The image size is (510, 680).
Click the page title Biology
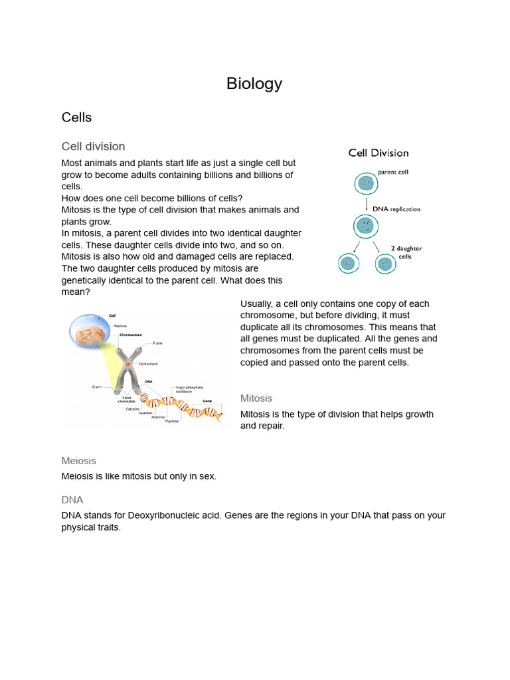click(254, 84)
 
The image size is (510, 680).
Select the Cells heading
click(76, 118)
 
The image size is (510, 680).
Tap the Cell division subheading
click(93, 146)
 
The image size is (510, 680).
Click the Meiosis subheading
click(78, 460)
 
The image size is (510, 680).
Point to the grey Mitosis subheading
click(256, 398)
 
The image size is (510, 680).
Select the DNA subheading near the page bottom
click(72, 499)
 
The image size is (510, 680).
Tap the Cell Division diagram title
click(379, 153)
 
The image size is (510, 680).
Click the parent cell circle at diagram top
click(365, 183)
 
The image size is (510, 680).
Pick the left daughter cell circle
click(347, 264)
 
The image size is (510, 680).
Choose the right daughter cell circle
click(384, 264)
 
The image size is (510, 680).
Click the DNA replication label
click(396, 209)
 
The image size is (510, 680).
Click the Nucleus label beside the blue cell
click(120, 325)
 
